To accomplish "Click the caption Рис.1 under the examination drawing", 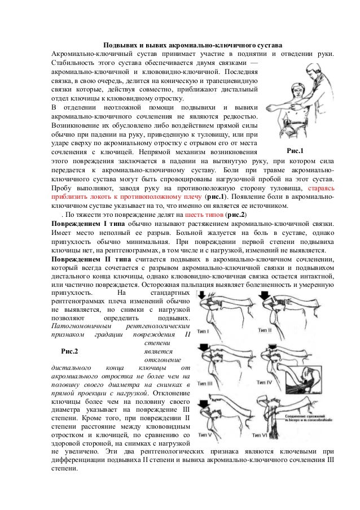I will point(295,151).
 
